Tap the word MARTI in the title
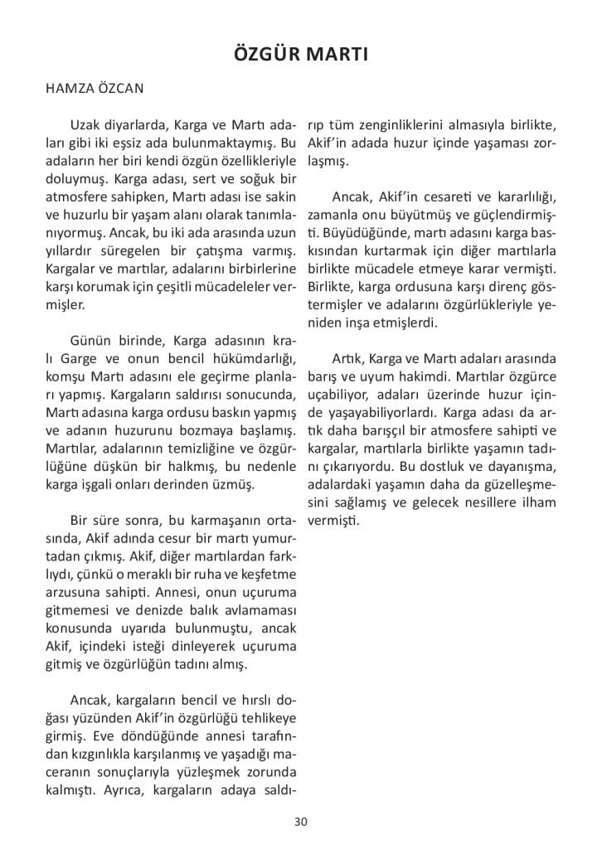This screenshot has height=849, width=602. pos(337,56)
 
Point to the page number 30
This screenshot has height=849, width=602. pos(300,822)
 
